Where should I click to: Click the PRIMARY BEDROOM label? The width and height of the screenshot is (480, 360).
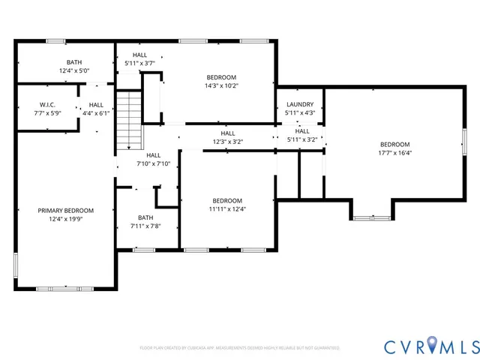click(66, 211)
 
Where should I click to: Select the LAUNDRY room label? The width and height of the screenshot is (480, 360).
click(300, 105)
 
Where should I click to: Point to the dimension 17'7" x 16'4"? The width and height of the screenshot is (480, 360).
click(394, 152)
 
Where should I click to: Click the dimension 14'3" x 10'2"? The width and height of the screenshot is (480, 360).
click(221, 85)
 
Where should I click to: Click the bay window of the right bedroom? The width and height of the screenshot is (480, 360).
click(372, 217)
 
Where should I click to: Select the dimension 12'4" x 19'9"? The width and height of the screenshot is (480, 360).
click(66, 219)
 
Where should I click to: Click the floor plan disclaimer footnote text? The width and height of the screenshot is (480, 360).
click(239, 348)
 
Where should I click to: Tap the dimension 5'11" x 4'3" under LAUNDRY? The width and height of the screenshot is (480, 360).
click(300, 113)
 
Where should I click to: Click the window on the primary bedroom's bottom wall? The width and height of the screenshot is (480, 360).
click(65, 287)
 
